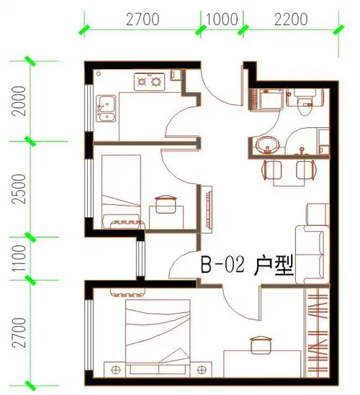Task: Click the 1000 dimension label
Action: click(x=222, y=20)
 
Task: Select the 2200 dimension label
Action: click(x=290, y=20)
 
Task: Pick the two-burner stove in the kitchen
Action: click(x=150, y=83)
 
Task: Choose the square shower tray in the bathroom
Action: click(x=266, y=100)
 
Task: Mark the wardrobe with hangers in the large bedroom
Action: click(x=315, y=331)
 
